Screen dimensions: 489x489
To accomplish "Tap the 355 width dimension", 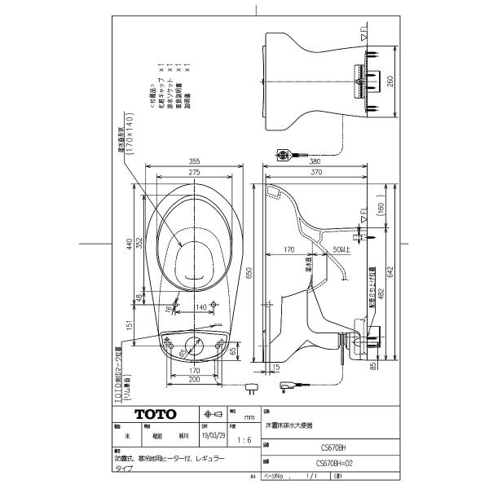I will click(x=194, y=161).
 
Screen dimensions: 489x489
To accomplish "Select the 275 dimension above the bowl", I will click(x=194, y=174).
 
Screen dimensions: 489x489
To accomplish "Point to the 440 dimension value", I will click(x=128, y=244).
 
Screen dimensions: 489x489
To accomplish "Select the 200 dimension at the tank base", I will click(x=194, y=380).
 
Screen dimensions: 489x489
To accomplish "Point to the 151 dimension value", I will click(x=128, y=326).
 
